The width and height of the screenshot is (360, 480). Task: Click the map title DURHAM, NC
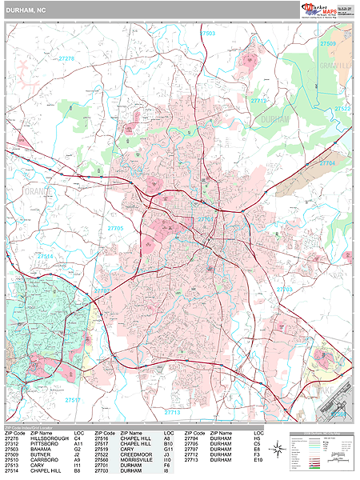(27, 9)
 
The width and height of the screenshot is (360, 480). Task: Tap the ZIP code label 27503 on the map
(208, 34)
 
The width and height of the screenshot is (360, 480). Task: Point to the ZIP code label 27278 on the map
(67, 58)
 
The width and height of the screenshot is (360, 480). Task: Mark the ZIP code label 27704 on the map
(328, 162)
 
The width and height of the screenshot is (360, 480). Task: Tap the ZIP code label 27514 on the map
(46, 256)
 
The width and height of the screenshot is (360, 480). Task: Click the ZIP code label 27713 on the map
(174, 412)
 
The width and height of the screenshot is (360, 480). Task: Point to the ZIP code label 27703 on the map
(284, 289)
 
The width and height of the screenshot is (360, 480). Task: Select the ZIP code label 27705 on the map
(114, 228)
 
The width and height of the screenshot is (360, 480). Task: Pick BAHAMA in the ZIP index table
(42, 450)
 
